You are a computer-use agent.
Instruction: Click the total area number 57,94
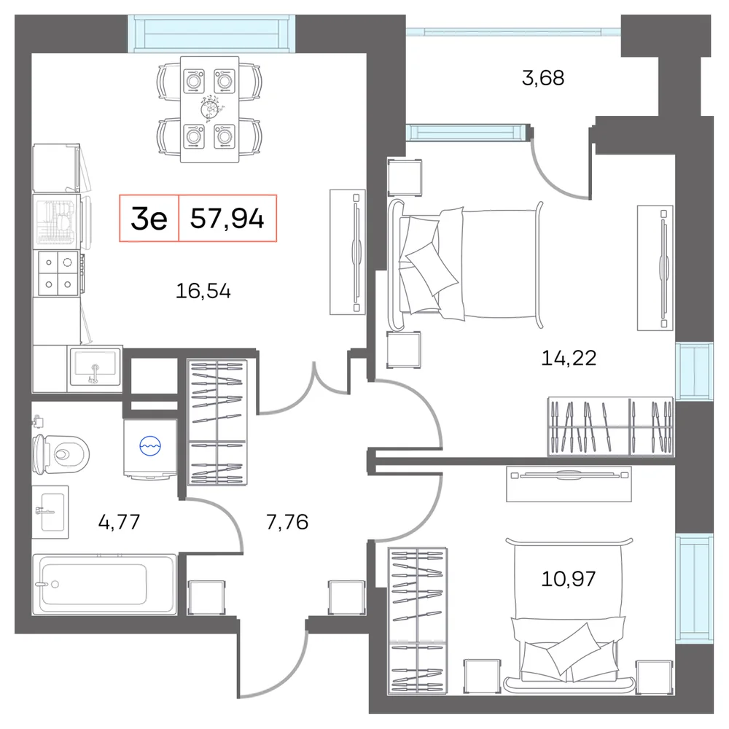(x=227, y=218)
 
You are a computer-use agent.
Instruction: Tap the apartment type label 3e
(x=149, y=219)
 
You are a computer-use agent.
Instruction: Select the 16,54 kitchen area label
(x=203, y=291)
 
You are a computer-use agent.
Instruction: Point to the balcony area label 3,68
(x=543, y=78)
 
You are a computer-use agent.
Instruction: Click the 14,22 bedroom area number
(x=569, y=358)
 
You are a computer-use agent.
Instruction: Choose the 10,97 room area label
(x=568, y=579)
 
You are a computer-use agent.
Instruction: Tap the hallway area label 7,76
(x=286, y=522)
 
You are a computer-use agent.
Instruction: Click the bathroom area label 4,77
(x=119, y=522)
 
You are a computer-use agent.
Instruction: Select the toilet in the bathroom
(x=61, y=453)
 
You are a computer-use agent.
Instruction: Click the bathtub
(x=104, y=584)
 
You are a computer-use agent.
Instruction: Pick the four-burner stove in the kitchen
(x=58, y=273)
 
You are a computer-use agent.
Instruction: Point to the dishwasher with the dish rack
(x=58, y=220)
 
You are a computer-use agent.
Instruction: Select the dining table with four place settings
(x=210, y=109)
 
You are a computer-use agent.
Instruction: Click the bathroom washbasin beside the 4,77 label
(x=50, y=512)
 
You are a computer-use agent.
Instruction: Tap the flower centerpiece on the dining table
(x=210, y=109)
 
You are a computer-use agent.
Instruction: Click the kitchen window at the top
(x=212, y=34)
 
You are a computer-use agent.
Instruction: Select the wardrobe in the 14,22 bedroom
(x=610, y=426)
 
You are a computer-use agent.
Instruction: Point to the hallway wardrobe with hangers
(x=217, y=422)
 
